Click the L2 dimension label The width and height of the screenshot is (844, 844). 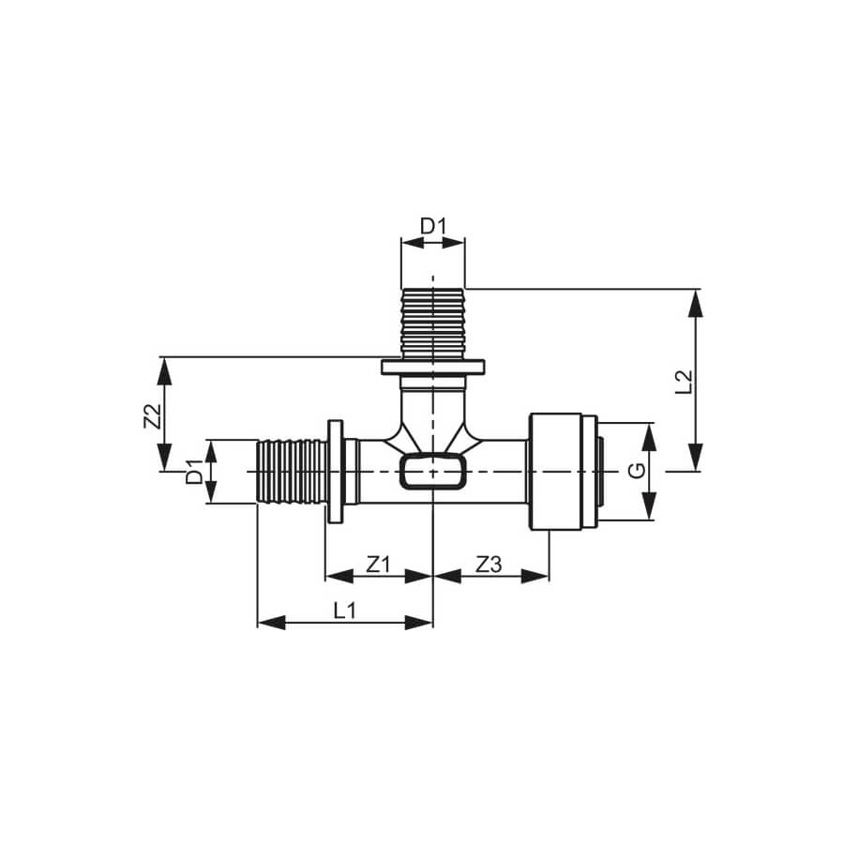click(x=683, y=381)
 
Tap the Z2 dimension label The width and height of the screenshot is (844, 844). click(x=152, y=415)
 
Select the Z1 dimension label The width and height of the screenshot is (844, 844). click(x=378, y=565)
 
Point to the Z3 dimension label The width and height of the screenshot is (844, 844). click(x=489, y=565)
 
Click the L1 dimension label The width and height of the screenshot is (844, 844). click(x=344, y=610)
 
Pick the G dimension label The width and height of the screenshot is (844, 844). click(x=637, y=471)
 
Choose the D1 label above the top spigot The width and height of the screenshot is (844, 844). click(x=433, y=227)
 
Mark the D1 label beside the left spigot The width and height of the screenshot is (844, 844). click(x=194, y=472)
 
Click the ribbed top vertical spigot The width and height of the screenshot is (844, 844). click(x=432, y=324)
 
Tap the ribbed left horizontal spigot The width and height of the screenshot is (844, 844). click(x=292, y=472)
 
